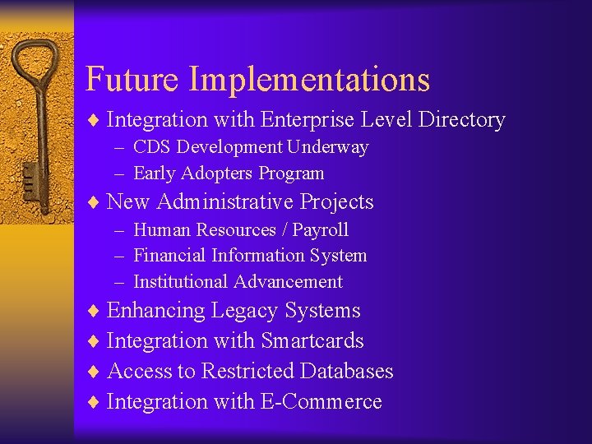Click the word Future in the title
(132, 80)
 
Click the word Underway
(327, 148)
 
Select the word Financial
(169, 256)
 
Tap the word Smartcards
(312, 341)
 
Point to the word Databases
(346, 372)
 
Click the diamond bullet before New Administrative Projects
(95, 203)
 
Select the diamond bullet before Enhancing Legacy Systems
(95, 312)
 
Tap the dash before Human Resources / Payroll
(120, 231)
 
